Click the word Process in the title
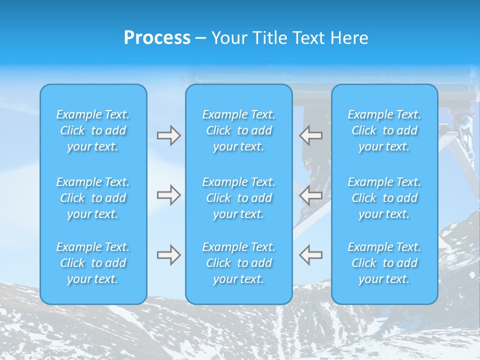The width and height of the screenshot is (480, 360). coord(157,38)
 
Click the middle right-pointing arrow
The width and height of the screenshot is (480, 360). coord(168,195)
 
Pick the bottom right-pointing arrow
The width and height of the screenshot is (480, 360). coord(168,255)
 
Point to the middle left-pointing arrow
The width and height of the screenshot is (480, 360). coord(311,195)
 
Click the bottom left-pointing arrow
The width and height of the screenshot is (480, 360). coord(311,255)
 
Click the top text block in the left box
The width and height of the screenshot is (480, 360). coord(93,130)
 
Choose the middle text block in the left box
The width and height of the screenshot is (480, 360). coord(93,198)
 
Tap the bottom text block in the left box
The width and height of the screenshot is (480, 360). coord(93,263)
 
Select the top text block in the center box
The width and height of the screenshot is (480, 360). coord(239,130)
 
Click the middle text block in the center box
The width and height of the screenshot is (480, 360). coord(239,198)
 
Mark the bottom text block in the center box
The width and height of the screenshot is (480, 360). coord(239,263)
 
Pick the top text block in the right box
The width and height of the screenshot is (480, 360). coord(384,130)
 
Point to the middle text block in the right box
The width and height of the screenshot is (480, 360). coord(384,198)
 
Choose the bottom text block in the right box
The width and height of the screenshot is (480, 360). coord(384,263)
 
